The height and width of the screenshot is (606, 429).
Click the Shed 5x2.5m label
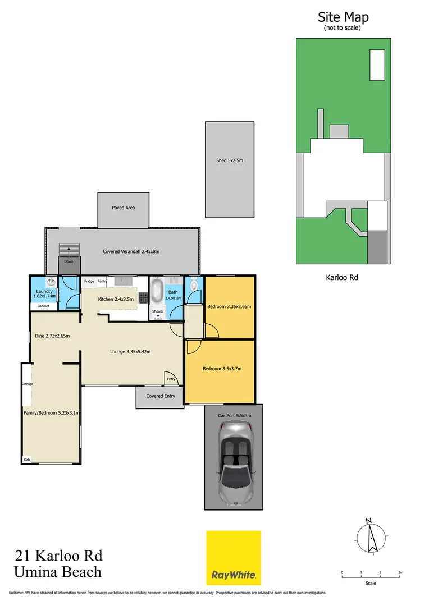coord(229,160)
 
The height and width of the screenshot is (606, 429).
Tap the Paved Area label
coord(123,208)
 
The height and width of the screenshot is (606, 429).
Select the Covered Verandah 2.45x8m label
coord(131,252)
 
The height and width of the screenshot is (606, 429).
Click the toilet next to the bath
coord(194,284)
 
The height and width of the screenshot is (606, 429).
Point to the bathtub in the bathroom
coord(157,291)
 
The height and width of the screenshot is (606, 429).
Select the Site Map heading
coord(343,17)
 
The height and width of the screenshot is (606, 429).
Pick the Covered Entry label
coord(161,396)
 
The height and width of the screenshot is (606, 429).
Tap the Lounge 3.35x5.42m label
coord(130,352)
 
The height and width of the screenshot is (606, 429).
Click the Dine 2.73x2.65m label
coord(52,336)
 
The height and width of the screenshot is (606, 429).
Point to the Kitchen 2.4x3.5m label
coord(116,299)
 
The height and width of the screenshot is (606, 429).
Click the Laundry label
coord(44,292)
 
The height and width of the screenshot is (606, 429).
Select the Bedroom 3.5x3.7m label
coord(222,369)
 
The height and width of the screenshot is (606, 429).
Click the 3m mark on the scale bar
coord(400,572)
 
